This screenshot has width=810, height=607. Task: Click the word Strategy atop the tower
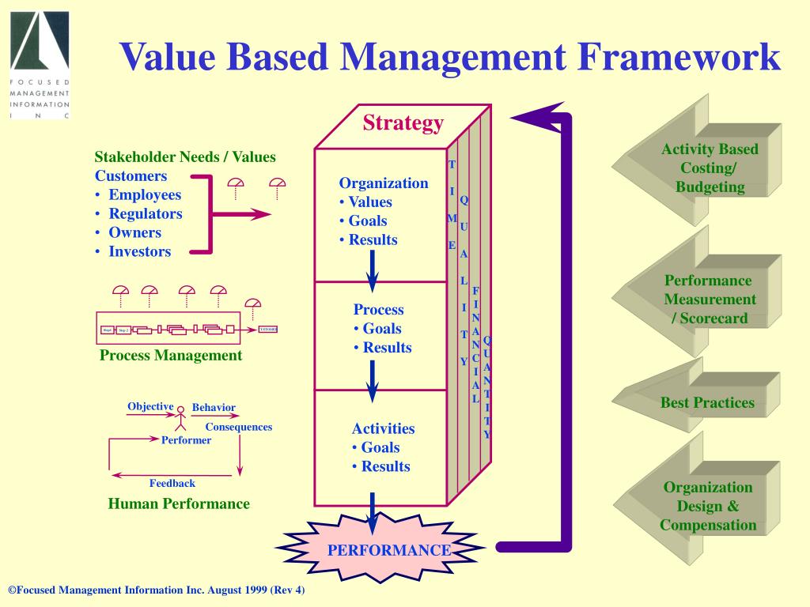click(x=403, y=123)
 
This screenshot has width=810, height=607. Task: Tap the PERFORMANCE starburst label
click(x=389, y=550)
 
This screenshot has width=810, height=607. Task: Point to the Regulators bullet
click(x=145, y=213)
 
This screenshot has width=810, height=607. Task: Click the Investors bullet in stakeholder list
click(x=139, y=251)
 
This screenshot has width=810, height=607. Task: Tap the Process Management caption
click(x=171, y=356)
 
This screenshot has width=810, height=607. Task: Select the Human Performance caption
click(x=179, y=503)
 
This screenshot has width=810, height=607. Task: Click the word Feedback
click(x=172, y=483)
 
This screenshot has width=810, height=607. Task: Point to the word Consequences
click(x=238, y=427)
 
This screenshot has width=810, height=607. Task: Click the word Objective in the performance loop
click(x=150, y=406)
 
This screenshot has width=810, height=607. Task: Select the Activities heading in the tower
click(x=383, y=428)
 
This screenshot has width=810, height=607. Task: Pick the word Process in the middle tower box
click(x=378, y=310)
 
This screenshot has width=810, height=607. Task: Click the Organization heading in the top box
click(x=384, y=183)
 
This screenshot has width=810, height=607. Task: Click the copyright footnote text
click(x=156, y=591)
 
